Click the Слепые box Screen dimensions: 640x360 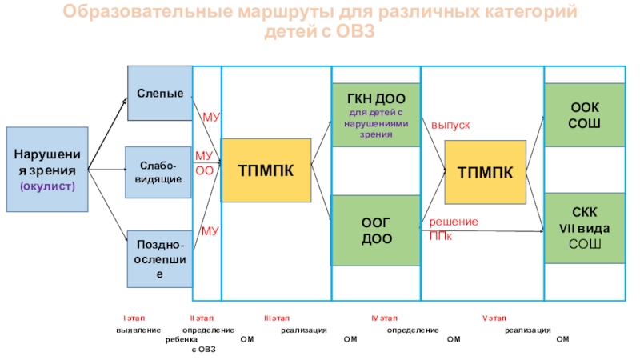[160, 94]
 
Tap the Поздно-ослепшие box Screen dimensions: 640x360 [160, 258]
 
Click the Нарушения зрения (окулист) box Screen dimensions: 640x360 [46, 169]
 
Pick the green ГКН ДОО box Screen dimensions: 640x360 [376, 114]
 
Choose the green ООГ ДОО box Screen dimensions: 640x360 [376, 230]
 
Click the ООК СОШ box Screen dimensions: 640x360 [584, 114]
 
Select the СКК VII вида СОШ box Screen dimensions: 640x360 [584, 228]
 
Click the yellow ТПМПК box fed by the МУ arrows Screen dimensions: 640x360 [266, 170]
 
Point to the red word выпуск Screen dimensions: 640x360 [450, 126]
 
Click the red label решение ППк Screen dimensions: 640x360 [453, 228]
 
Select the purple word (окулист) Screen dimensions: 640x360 [46, 186]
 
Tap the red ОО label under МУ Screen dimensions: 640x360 [204, 170]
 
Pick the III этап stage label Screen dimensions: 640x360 [277, 318]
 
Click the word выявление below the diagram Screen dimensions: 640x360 [138, 330]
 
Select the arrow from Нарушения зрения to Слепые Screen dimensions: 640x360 [107, 134]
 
